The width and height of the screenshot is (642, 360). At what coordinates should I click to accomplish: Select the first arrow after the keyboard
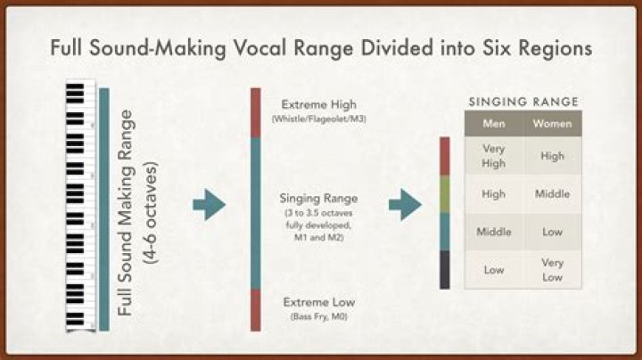(x=209, y=206)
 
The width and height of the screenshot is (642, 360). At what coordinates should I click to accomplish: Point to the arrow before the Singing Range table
(x=405, y=204)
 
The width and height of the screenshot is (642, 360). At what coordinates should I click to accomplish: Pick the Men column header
(x=493, y=124)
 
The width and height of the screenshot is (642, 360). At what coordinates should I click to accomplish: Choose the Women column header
(x=552, y=124)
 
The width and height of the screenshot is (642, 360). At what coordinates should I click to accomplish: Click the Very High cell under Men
(x=493, y=156)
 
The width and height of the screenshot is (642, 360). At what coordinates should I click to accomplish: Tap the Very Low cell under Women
(x=552, y=269)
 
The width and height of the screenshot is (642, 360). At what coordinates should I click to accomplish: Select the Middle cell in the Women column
(x=552, y=193)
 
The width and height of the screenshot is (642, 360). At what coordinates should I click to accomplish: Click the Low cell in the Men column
(x=493, y=269)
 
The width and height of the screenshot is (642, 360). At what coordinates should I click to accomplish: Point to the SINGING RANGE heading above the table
(x=523, y=102)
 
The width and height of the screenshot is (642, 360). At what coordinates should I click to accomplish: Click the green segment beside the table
(x=445, y=193)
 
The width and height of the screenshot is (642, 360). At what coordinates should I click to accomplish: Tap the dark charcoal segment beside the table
(x=445, y=269)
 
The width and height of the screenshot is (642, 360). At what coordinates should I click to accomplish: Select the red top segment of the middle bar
(x=255, y=112)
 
